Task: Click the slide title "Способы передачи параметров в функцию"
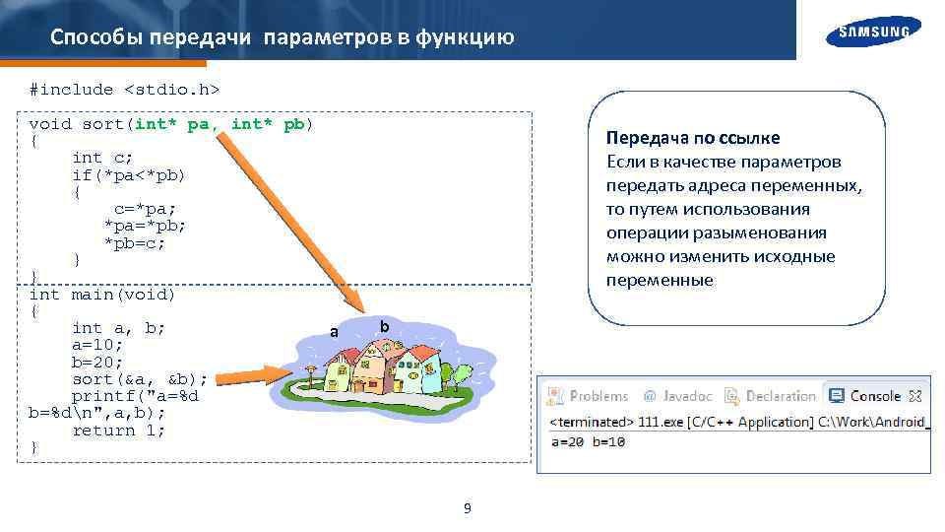tap(282, 37)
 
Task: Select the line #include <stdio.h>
tap(124, 90)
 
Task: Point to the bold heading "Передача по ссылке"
tap(693, 138)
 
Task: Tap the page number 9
tap(467, 508)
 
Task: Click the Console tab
tap(874, 396)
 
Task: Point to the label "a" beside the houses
tap(334, 332)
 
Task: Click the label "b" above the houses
tap(384, 325)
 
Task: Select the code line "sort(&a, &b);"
tap(140, 379)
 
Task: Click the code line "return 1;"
tap(118, 431)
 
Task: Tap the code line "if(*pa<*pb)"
tap(128, 175)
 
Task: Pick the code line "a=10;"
tap(96, 345)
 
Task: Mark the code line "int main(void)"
tap(102, 294)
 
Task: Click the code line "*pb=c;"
tap(135, 242)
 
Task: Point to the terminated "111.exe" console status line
tap(738, 422)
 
